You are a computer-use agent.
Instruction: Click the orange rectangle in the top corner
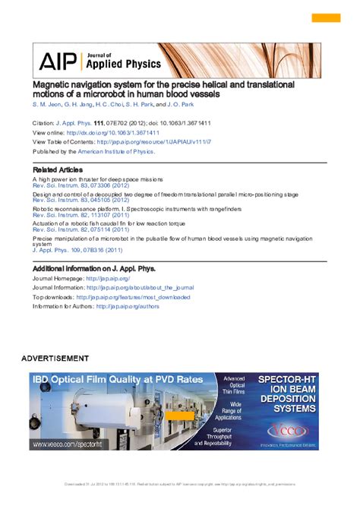(x=327, y=17)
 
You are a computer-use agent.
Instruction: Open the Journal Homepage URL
(x=108, y=279)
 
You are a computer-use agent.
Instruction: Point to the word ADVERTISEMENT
(x=55, y=358)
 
